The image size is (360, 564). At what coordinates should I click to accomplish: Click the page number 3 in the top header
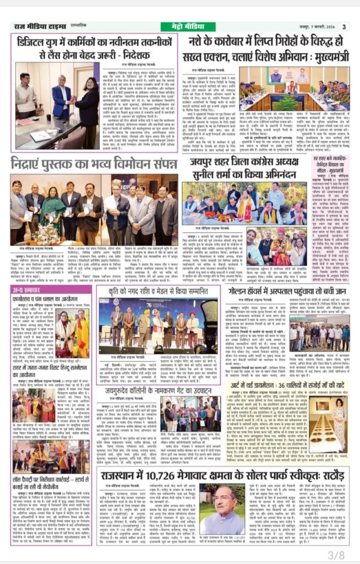click(343, 26)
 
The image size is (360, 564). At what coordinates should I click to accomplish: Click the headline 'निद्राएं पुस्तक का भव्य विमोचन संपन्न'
click(94, 163)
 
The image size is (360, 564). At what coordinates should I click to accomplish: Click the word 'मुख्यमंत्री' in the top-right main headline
click(327, 55)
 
